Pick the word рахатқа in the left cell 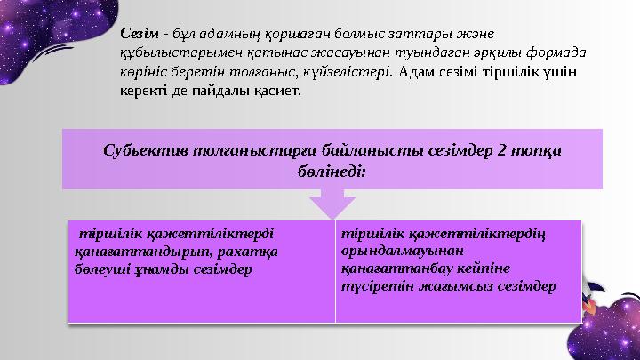pyautogui.click(x=253, y=252)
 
